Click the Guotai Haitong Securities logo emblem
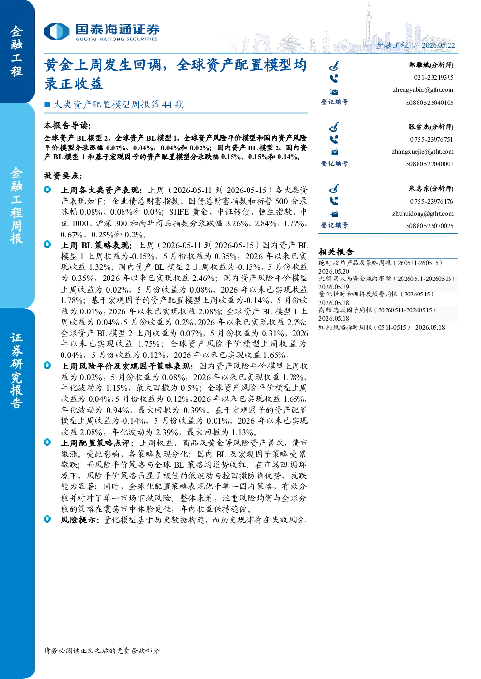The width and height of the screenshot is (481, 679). (57, 31)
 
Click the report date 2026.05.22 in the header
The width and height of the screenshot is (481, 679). (438, 45)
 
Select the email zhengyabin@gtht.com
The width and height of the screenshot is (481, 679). (423, 90)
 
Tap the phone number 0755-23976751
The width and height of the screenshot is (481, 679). (431, 139)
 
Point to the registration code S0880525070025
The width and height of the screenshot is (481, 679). (430, 226)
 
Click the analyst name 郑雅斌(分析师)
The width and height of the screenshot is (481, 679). (431, 65)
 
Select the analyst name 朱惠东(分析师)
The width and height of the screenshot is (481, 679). (431, 189)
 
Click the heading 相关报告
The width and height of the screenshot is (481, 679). (336, 251)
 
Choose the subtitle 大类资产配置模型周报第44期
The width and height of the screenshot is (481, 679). (119, 104)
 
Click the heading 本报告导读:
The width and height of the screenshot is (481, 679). (67, 125)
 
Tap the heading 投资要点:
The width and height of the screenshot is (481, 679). (62, 176)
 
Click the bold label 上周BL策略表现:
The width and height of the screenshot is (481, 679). (96, 245)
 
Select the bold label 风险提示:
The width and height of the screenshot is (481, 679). (80, 520)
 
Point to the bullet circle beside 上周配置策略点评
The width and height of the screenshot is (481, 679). (47, 442)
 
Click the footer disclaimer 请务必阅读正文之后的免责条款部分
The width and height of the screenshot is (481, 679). (102, 650)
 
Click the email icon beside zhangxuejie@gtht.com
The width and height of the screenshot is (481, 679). (334, 151)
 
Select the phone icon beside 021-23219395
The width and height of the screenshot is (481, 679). (334, 78)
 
